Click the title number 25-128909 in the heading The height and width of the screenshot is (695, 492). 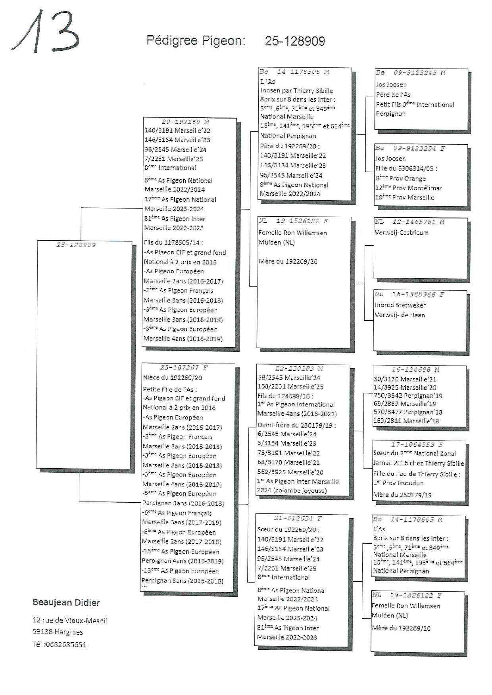point(295,41)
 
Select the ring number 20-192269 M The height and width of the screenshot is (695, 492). point(185,122)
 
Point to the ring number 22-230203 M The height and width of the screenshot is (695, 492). point(299,369)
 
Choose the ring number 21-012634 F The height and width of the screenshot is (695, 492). point(298,518)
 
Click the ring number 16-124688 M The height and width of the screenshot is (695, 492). point(415,370)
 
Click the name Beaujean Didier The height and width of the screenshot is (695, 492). point(66,603)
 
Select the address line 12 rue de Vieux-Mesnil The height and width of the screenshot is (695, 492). point(70,620)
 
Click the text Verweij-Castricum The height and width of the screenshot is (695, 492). point(402,233)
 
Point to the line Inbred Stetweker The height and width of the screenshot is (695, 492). point(400,305)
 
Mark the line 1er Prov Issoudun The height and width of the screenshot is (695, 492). point(398,483)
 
